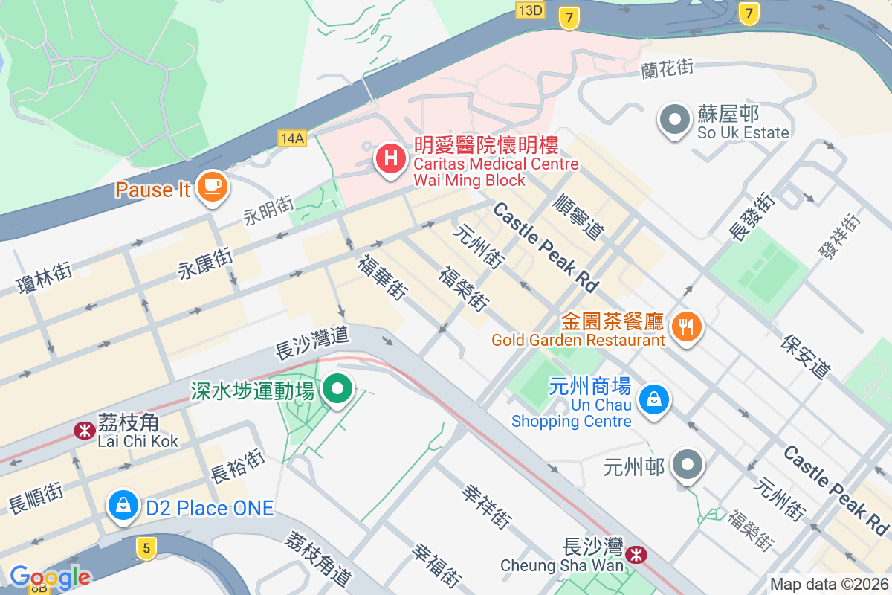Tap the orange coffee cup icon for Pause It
(213, 185)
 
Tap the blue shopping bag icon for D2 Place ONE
(123, 506)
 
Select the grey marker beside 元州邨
(687, 466)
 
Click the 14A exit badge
(292, 138)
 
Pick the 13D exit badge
(530, 10)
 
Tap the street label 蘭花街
(667, 68)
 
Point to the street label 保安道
(805, 356)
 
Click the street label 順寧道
(578, 216)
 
